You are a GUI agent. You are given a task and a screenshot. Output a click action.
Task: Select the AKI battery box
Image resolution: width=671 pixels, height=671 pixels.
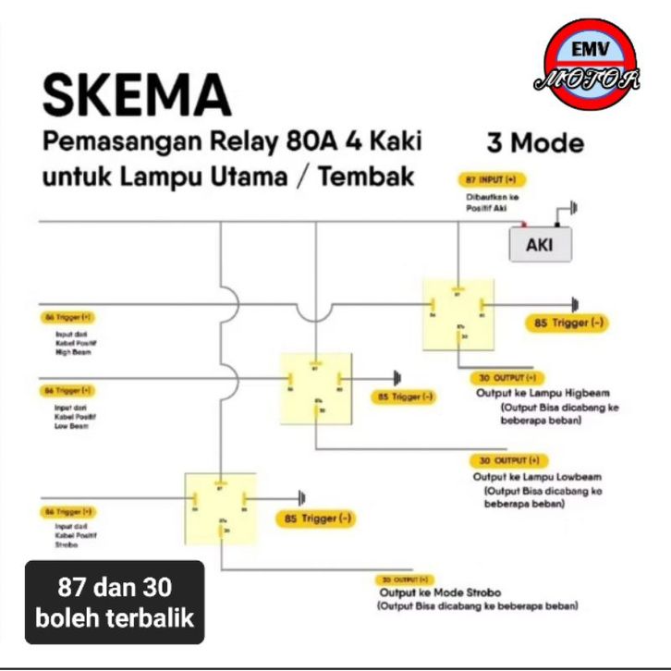click(540, 246)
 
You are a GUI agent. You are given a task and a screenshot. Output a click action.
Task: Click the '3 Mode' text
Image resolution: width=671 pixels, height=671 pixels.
click(535, 143)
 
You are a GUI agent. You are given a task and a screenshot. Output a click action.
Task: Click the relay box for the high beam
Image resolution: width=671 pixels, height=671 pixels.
click(458, 312)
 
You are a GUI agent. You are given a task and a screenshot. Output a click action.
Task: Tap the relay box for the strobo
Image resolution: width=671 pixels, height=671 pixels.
click(220, 506)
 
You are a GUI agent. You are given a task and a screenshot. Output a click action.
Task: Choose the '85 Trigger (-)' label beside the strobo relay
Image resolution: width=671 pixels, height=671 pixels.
click(315, 518)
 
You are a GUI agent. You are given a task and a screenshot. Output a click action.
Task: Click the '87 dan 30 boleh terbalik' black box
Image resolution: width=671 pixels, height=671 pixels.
click(115, 602)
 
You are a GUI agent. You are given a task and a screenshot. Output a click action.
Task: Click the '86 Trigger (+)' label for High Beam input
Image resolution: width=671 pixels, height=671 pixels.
click(68, 317)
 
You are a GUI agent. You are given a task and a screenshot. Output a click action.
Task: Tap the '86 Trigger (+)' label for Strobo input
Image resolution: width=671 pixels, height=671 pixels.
click(68, 511)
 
